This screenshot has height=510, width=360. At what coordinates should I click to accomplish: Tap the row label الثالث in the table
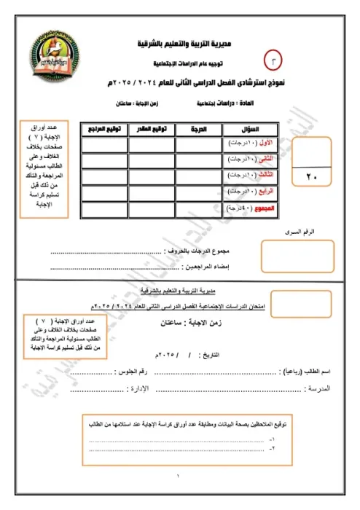tap(258, 176)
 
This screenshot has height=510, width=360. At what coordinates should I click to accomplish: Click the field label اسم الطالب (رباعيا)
tap(306, 372)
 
